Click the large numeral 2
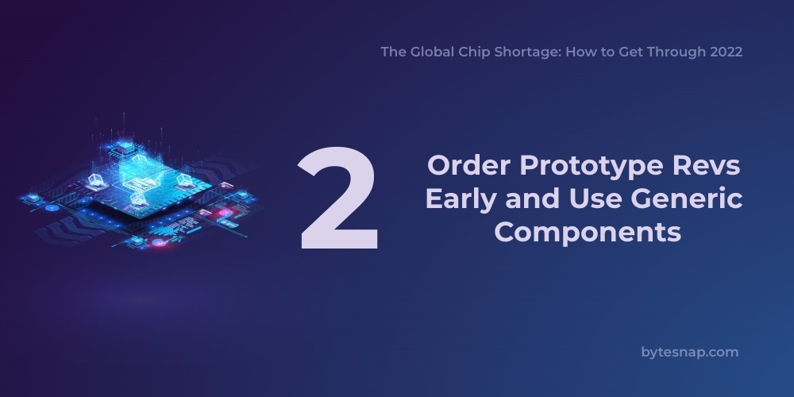tap(339, 198)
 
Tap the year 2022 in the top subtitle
tap(726, 52)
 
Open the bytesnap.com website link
tap(690, 352)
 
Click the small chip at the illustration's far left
tap(33, 198)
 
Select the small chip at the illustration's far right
tap(243, 195)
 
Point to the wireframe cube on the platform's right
tap(183, 179)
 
